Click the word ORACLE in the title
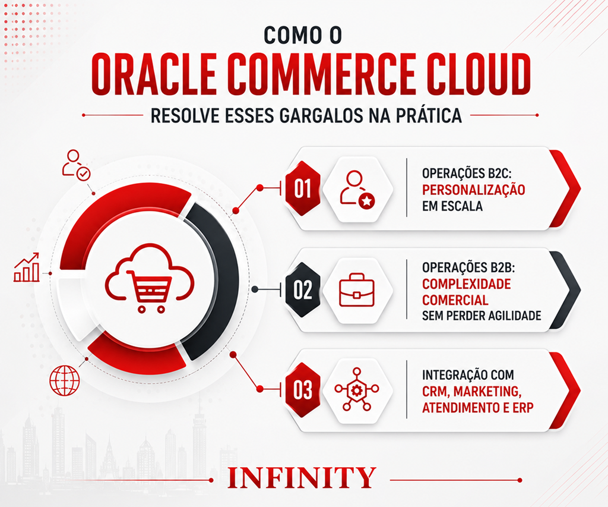[x=154, y=74]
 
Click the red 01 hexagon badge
[x=303, y=189]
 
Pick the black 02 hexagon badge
[x=303, y=290]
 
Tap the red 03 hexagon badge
[x=303, y=390]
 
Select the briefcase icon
[x=357, y=290]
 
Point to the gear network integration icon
[x=357, y=389]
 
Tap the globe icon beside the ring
[x=65, y=380]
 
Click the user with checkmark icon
[x=76, y=165]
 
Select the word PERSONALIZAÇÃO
[x=473, y=190]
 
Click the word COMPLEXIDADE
[x=467, y=284]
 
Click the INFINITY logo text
[x=301, y=477]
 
